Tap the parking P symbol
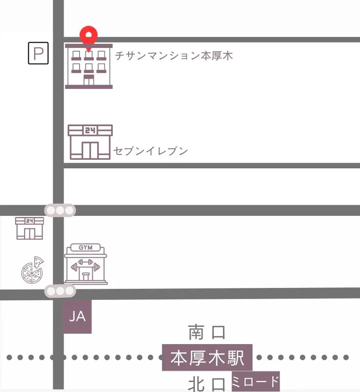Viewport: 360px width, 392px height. pyautogui.click(x=38, y=53)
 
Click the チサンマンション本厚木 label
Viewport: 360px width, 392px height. pyautogui.click(x=174, y=56)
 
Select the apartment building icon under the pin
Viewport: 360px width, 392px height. pyautogui.click(x=89, y=67)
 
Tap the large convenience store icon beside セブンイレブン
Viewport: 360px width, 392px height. pyautogui.click(x=90, y=142)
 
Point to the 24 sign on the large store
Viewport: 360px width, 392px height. pyautogui.click(x=90, y=130)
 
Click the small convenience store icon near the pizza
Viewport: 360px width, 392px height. pyautogui.click(x=30, y=228)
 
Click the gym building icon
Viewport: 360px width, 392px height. pyautogui.click(x=86, y=264)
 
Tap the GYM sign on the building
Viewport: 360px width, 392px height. pyautogui.click(x=86, y=248)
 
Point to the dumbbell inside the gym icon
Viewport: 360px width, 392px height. pyautogui.click(x=86, y=264)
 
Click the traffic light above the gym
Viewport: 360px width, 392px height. pyautogui.click(x=60, y=210)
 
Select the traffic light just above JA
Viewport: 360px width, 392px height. pyautogui.click(x=60, y=291)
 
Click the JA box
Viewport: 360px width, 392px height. pyautogui.click(x=77, y=317)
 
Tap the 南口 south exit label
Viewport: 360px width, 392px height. pyautogui.click(x=207, y=332)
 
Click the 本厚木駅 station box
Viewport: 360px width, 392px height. pyautogui.click(x=207, y=358)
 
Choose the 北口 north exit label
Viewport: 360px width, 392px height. pyautogui.click(x=207, y=384)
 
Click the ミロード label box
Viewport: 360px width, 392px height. pyautogui.click(x=255, y=382)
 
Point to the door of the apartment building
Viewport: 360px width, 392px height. pyautogui.click(x=89, y=80)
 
